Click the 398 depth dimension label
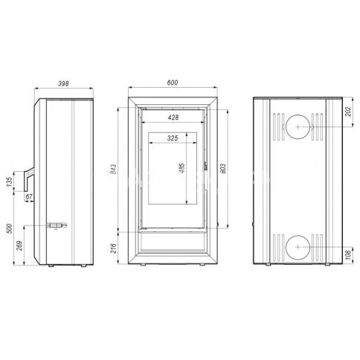point(63,83)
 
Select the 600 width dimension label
point(173,83)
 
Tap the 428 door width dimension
point(173,118)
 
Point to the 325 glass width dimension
point(173,138)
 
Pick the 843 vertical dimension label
point(113,169)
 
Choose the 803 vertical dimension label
point(223,169)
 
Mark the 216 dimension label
point(113,248)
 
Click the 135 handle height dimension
point(10,181)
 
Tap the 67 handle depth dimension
point(29,197)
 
